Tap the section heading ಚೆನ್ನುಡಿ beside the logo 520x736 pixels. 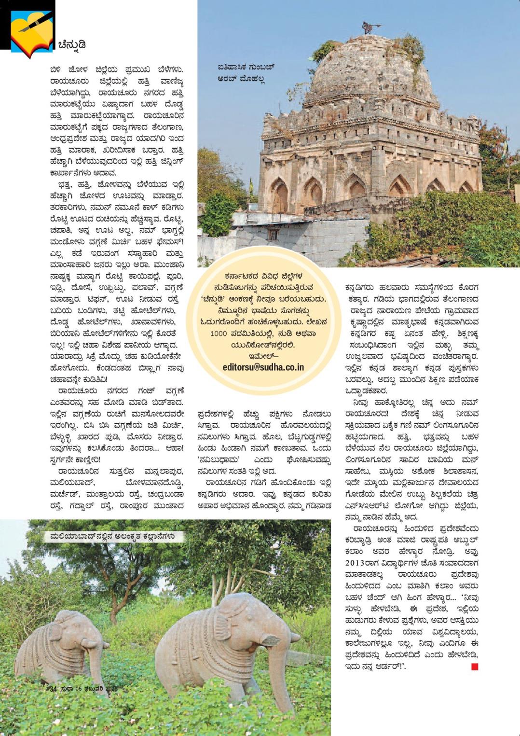(72, 45)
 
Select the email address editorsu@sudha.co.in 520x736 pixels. (263, 366)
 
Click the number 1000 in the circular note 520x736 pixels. (220, 333)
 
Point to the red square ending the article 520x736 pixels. (475, 667)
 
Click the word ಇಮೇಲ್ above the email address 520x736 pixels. (263, 356)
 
